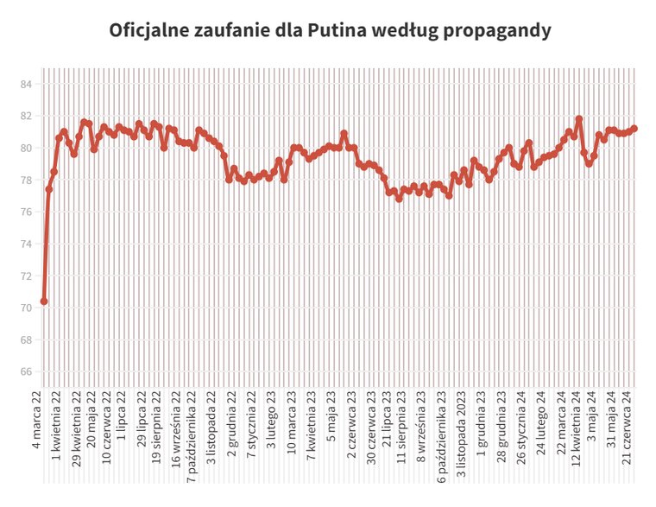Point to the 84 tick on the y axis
(26, 84)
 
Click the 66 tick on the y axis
(26, 372)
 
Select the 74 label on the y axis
(26, 244)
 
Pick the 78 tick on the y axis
(26, 181)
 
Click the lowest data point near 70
(44, 301)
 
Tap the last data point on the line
(634, 129)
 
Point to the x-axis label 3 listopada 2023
(462, 436)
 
